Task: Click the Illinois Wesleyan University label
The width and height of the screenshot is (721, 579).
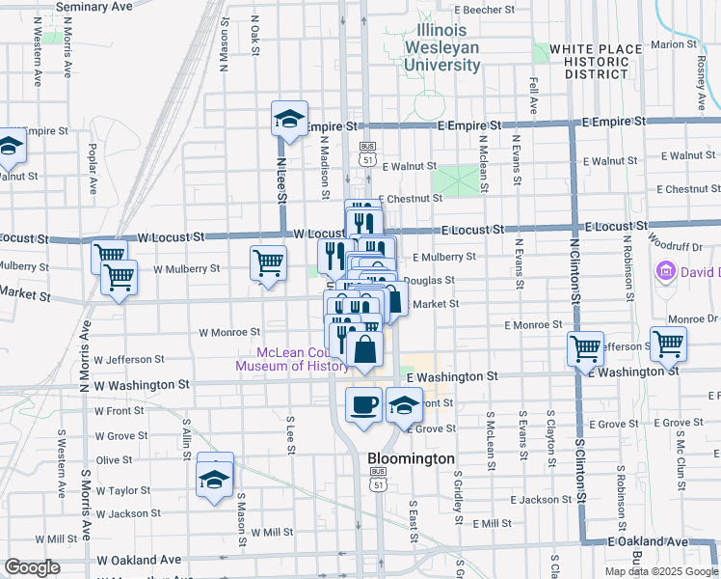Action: point(442,47)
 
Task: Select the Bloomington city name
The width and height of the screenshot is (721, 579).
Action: point(411,458)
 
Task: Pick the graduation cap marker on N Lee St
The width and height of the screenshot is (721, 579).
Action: point(289,120)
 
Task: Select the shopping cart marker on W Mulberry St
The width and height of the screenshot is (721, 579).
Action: point(268,262)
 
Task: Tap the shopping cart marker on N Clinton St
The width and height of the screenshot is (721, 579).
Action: point(585,349)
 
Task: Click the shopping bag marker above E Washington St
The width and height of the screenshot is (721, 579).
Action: point(366,349)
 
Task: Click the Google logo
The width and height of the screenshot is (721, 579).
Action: point(32,567)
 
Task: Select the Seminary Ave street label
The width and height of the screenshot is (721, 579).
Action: point(93,6)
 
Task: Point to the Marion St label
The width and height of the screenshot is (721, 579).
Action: point(674,44)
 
